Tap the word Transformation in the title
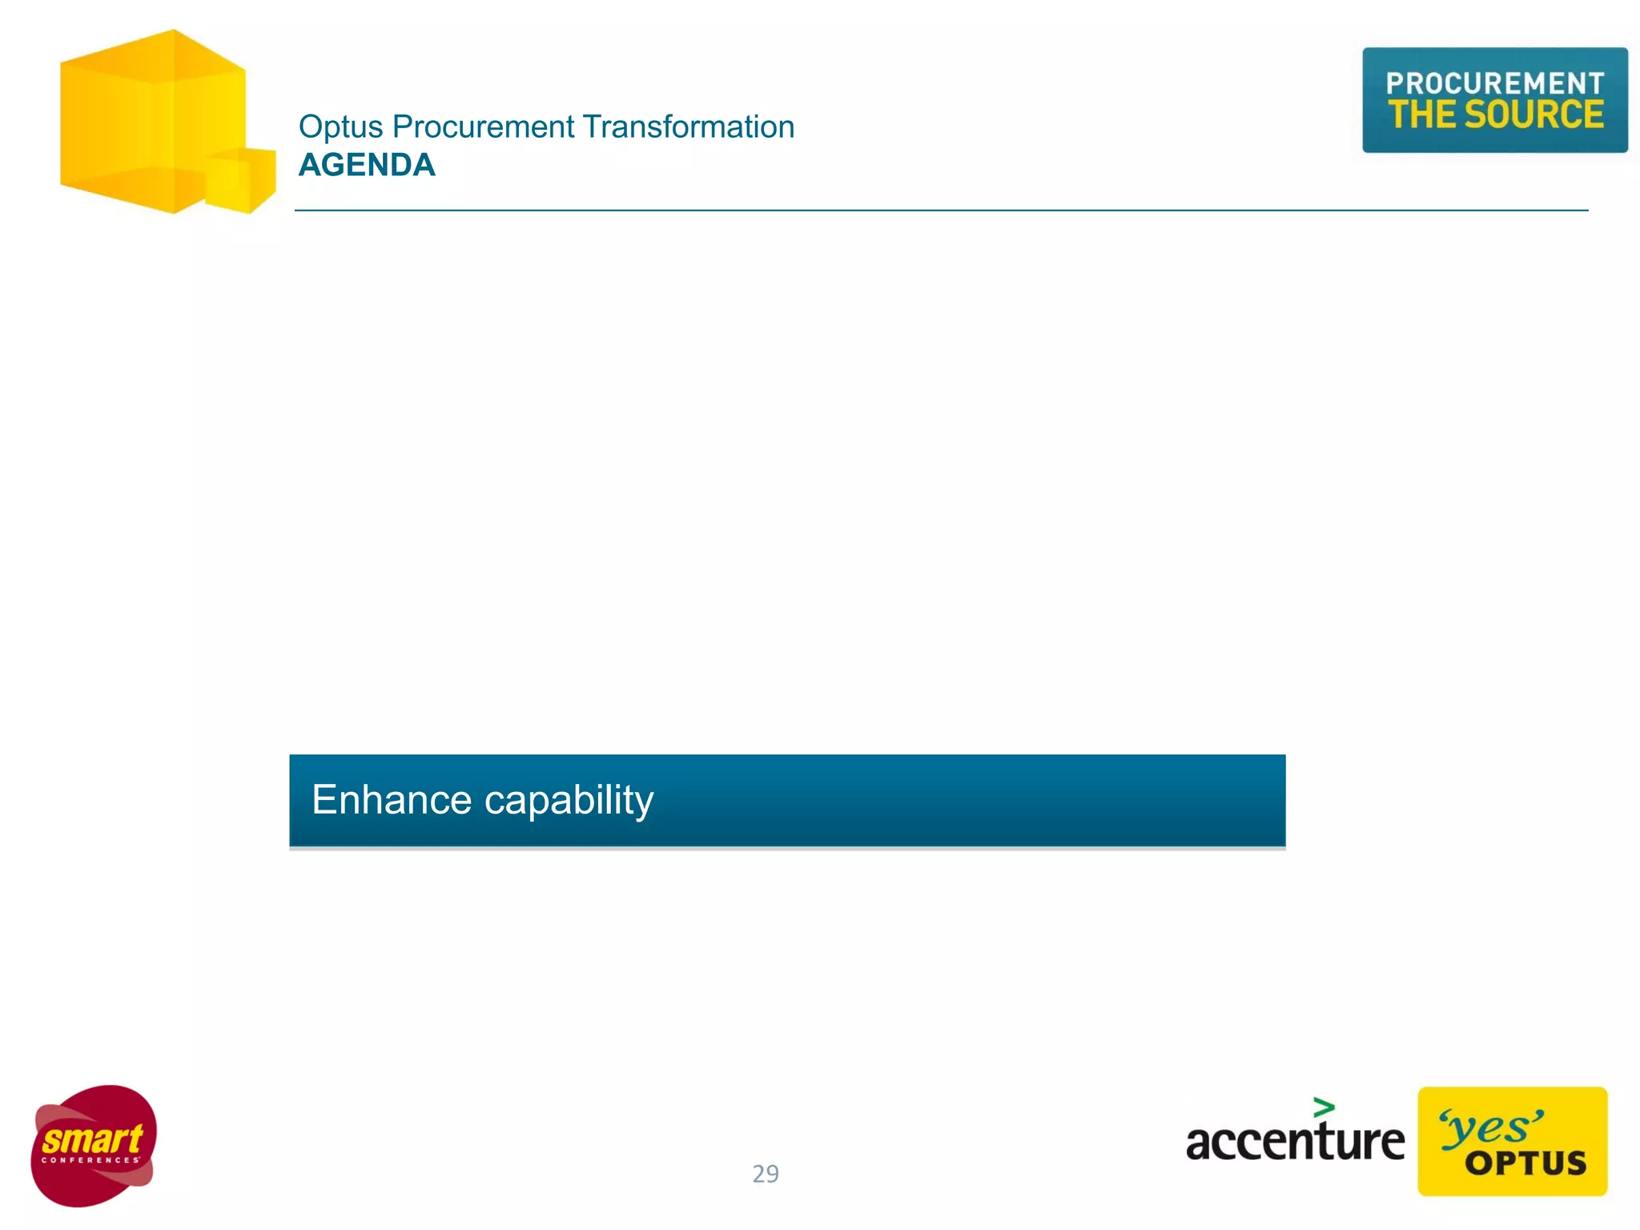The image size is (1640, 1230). coord(688,127)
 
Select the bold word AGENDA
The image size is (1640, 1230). coord(367,166)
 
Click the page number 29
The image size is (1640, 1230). coord(766,1174)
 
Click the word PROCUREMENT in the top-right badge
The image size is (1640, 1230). coord(1494,83)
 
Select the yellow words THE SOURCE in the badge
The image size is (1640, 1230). coord(1495,115)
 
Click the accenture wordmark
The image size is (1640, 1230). coord(1294,1140)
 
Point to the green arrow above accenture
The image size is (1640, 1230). coord(1324,1107)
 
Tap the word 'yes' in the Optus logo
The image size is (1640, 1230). coord(1491,1128)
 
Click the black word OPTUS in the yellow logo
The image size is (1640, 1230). coord(1525,1164)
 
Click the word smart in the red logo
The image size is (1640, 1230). coord(92,1139)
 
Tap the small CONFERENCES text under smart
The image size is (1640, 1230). coord(90,1160)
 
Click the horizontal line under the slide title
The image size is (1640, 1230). coord(941,211)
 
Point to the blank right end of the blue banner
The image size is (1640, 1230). coord(1121,801)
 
